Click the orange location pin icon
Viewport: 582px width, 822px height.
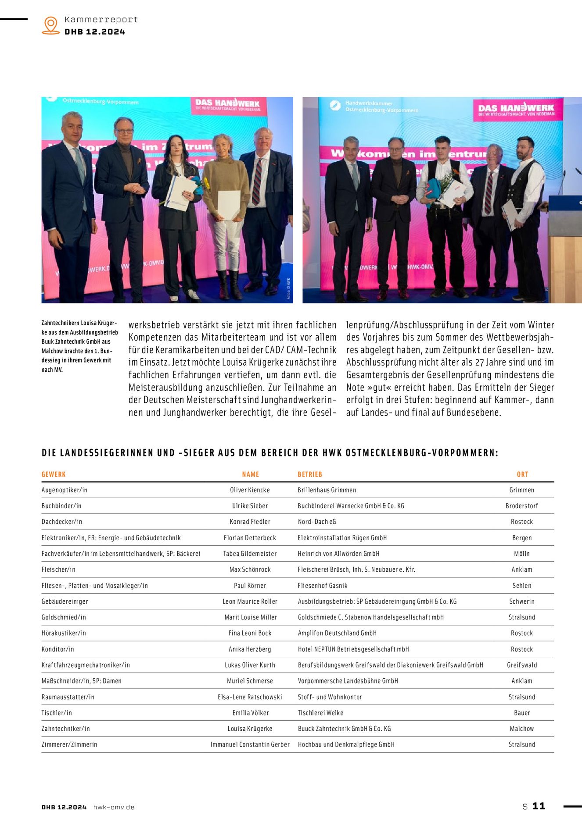pos(51,25)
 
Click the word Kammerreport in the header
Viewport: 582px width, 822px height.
pos(101,20)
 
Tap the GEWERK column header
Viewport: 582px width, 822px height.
pos(54,474)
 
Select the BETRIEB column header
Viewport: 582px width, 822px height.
pos(310,474)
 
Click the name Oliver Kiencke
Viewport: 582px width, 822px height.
pos(250,490)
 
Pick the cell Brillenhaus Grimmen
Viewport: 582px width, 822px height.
pos(327,490)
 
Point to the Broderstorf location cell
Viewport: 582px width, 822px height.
pos(522,506)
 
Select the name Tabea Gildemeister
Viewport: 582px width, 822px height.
pos(250,554)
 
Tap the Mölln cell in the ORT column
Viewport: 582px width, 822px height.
pos(522,554)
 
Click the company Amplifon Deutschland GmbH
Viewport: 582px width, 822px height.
pos(337,633)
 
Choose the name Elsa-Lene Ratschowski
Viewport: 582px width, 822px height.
pos(250,697)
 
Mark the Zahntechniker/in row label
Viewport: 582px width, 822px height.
pos(66,729)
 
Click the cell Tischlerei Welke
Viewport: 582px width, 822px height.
pos(320,713)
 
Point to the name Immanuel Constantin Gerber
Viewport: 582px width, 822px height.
pos(250,744)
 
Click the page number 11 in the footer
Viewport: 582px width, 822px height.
pos(539,806)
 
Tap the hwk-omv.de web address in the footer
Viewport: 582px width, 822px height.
pos(114,807)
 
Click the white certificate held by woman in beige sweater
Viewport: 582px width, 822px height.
pos(229,205)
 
